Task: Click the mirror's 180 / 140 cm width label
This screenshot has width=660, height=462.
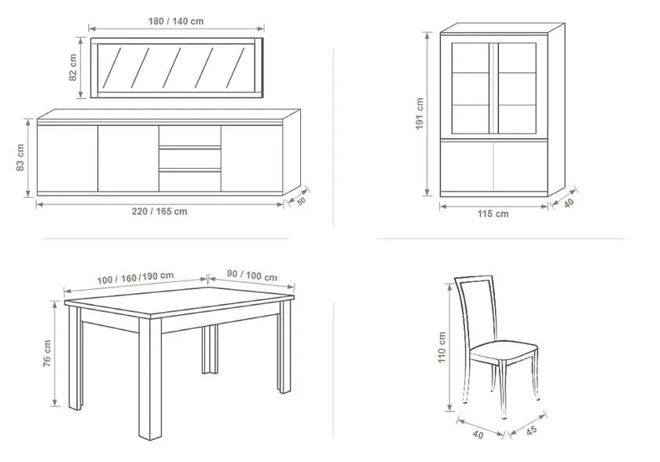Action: pos(176,21)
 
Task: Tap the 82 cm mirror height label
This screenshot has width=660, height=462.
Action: pos(73,68)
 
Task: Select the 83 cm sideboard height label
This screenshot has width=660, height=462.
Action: pos(20,158)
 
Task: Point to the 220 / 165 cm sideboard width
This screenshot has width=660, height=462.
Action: pos(159,211)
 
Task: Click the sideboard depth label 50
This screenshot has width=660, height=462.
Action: pos(302,201)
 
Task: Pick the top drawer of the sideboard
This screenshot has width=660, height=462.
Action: pos(190,135)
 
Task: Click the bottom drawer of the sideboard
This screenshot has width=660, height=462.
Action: pos(190,181)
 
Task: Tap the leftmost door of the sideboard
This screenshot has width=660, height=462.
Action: pos(68,159)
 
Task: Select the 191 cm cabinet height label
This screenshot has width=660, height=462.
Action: pos(420,114)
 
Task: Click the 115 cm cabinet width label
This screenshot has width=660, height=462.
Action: pos(493,214)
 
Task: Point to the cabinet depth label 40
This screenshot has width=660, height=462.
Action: pos(569,203)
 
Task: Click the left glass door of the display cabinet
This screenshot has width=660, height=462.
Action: pos(471,88)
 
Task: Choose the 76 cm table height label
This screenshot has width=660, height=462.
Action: pos(46,354)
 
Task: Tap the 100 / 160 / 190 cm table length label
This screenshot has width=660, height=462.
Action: pos(135,277)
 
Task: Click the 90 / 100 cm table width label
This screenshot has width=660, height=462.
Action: pos(252,276)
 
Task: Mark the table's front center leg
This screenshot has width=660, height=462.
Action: pos(150,378)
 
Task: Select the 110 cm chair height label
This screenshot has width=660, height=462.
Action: pos(441,347)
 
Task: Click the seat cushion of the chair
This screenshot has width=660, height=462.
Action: pos(504,350)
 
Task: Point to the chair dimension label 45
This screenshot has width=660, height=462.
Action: pos(531,431)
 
